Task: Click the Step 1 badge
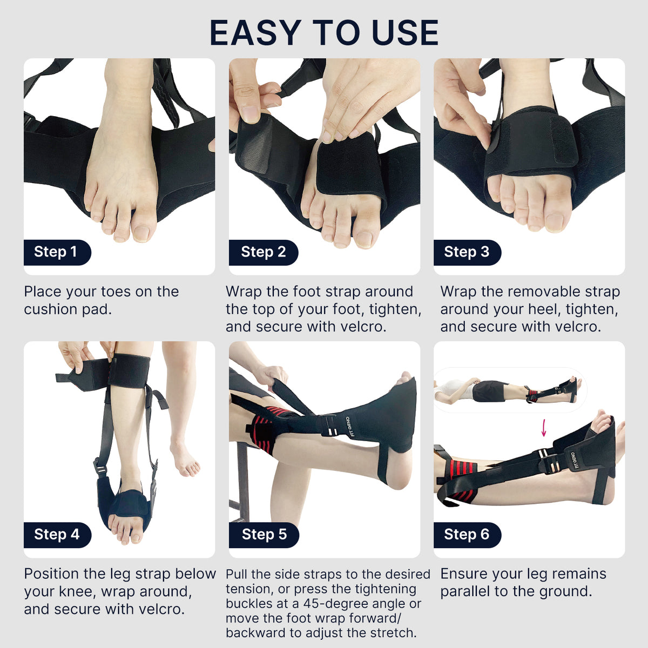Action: [57, 252]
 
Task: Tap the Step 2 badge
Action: [263, 252]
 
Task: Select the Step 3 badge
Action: [467, 252]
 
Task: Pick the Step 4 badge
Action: [57, 535]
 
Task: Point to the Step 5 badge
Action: [264, 535]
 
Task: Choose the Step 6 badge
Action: [467, 535]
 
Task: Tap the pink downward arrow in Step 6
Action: [544, 428]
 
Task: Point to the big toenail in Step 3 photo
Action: [554, 222]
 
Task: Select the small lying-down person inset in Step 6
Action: [508, 390]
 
